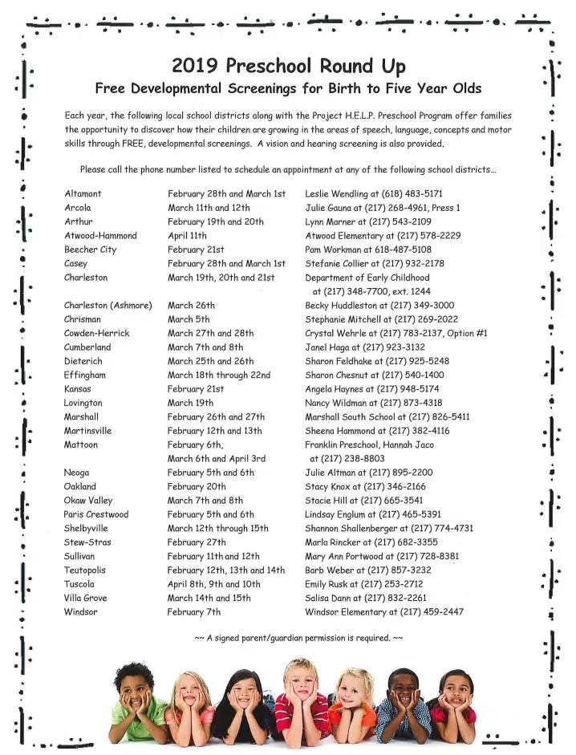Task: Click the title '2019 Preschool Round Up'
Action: (x=288, y=65)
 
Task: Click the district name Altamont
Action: (x=83, y=194)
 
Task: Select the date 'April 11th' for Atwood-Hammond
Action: (x=187, y=236)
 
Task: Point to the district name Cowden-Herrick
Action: (x=96, y=333)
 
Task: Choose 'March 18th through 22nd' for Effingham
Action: (x=218, y=375)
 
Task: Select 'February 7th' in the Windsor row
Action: (x=193, y=611)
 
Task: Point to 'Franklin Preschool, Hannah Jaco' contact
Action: (x=369, y=444)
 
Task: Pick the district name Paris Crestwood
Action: (x=95, y=514)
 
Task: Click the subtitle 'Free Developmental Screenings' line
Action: (x=288, y=87)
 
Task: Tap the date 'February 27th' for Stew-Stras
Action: (x=197, y=542)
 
